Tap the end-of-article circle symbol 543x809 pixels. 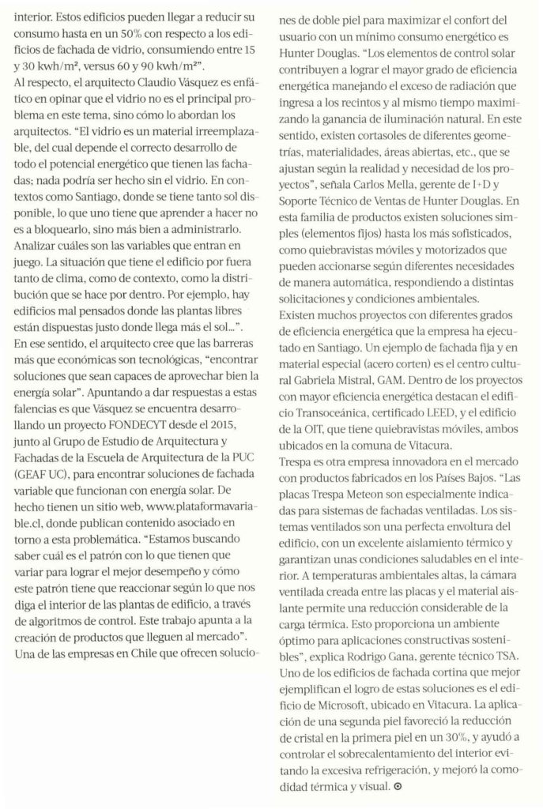(x=398, y=789)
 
